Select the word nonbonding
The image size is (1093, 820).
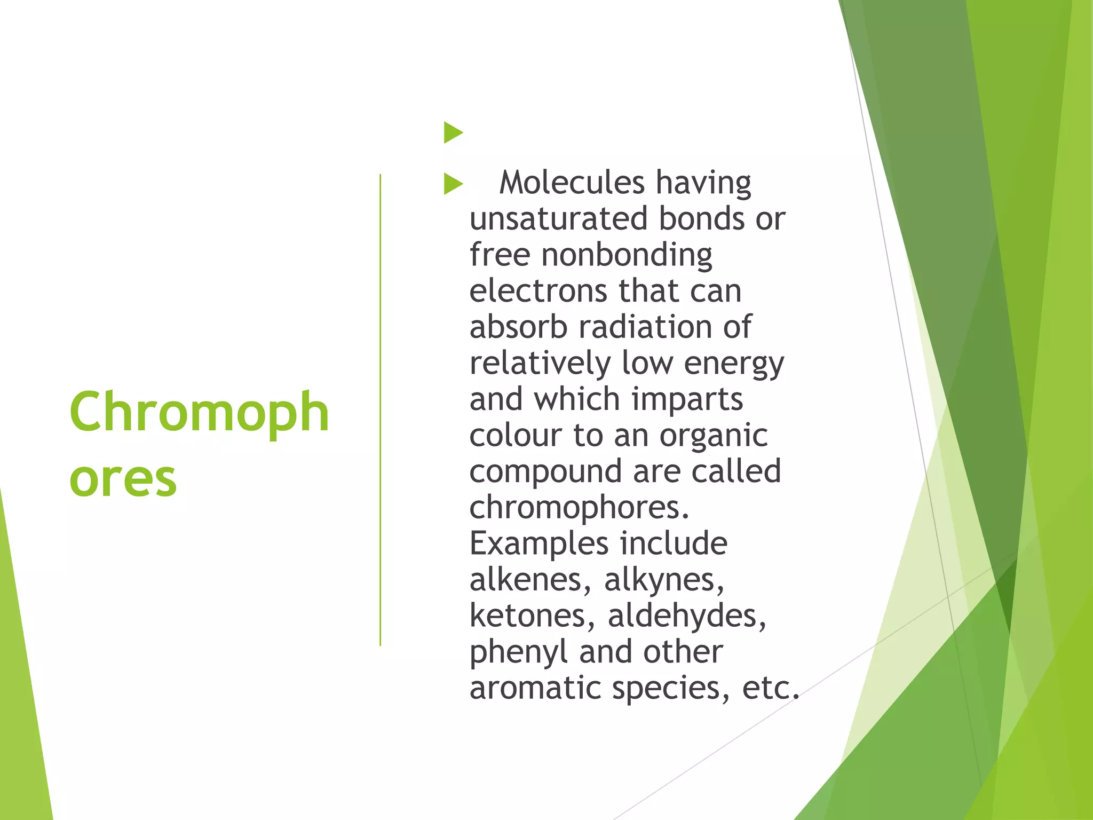click(627, 255)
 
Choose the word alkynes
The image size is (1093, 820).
click(664, 580)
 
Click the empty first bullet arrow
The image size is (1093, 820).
click(453, 132)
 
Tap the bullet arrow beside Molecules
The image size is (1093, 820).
click(453, 184)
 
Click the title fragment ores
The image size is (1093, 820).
click(123, 479)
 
